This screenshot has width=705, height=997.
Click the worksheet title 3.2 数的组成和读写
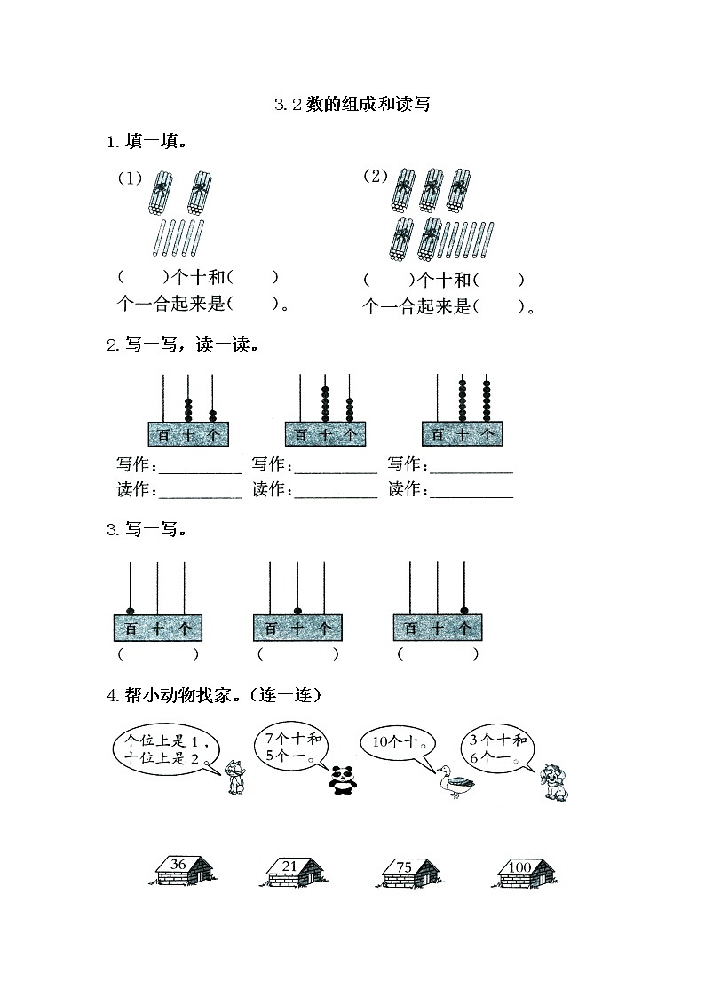click(352, 105)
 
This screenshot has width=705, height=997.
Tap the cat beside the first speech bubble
click(235, 778)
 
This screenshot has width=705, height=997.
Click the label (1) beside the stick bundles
click(131, 178)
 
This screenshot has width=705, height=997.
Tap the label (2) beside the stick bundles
click(376, 176)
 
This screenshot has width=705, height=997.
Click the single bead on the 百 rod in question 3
click(131, 611)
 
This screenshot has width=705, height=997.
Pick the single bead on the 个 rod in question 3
click(464, 611)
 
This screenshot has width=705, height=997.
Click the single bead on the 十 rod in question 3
click(297, 611)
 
